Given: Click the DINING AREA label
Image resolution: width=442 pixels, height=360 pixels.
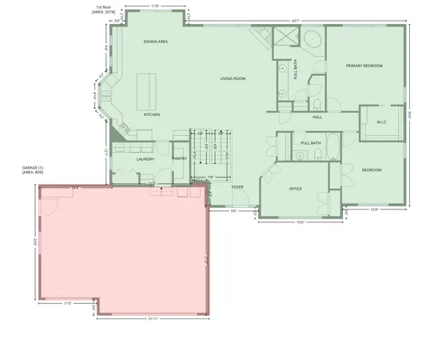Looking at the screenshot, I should point(155,41).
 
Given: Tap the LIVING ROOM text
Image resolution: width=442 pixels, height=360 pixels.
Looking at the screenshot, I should point(233,78).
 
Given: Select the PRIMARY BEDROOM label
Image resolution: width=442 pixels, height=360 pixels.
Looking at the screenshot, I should point(364,66).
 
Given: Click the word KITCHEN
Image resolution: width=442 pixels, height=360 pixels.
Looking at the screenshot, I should point(152,114).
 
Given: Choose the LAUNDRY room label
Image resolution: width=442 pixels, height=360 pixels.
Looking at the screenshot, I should point(145,158).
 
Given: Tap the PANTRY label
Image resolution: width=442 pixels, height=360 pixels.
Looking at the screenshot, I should point(179,158).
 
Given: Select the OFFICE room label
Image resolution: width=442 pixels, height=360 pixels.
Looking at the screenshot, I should point(295,189).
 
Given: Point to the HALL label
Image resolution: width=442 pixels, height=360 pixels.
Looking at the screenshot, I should point(317,117).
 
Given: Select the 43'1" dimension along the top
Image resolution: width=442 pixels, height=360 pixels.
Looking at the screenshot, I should point(295,20).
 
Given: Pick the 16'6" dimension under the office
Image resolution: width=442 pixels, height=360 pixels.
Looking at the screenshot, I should point(300,222).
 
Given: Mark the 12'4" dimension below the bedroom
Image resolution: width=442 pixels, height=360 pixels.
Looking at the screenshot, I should point(374,210).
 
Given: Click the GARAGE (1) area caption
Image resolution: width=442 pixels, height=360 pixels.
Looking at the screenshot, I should point(33,169).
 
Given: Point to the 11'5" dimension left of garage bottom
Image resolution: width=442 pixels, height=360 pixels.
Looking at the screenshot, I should point(68,303).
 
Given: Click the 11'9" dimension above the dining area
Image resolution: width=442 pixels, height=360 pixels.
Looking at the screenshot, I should point(154,6).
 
